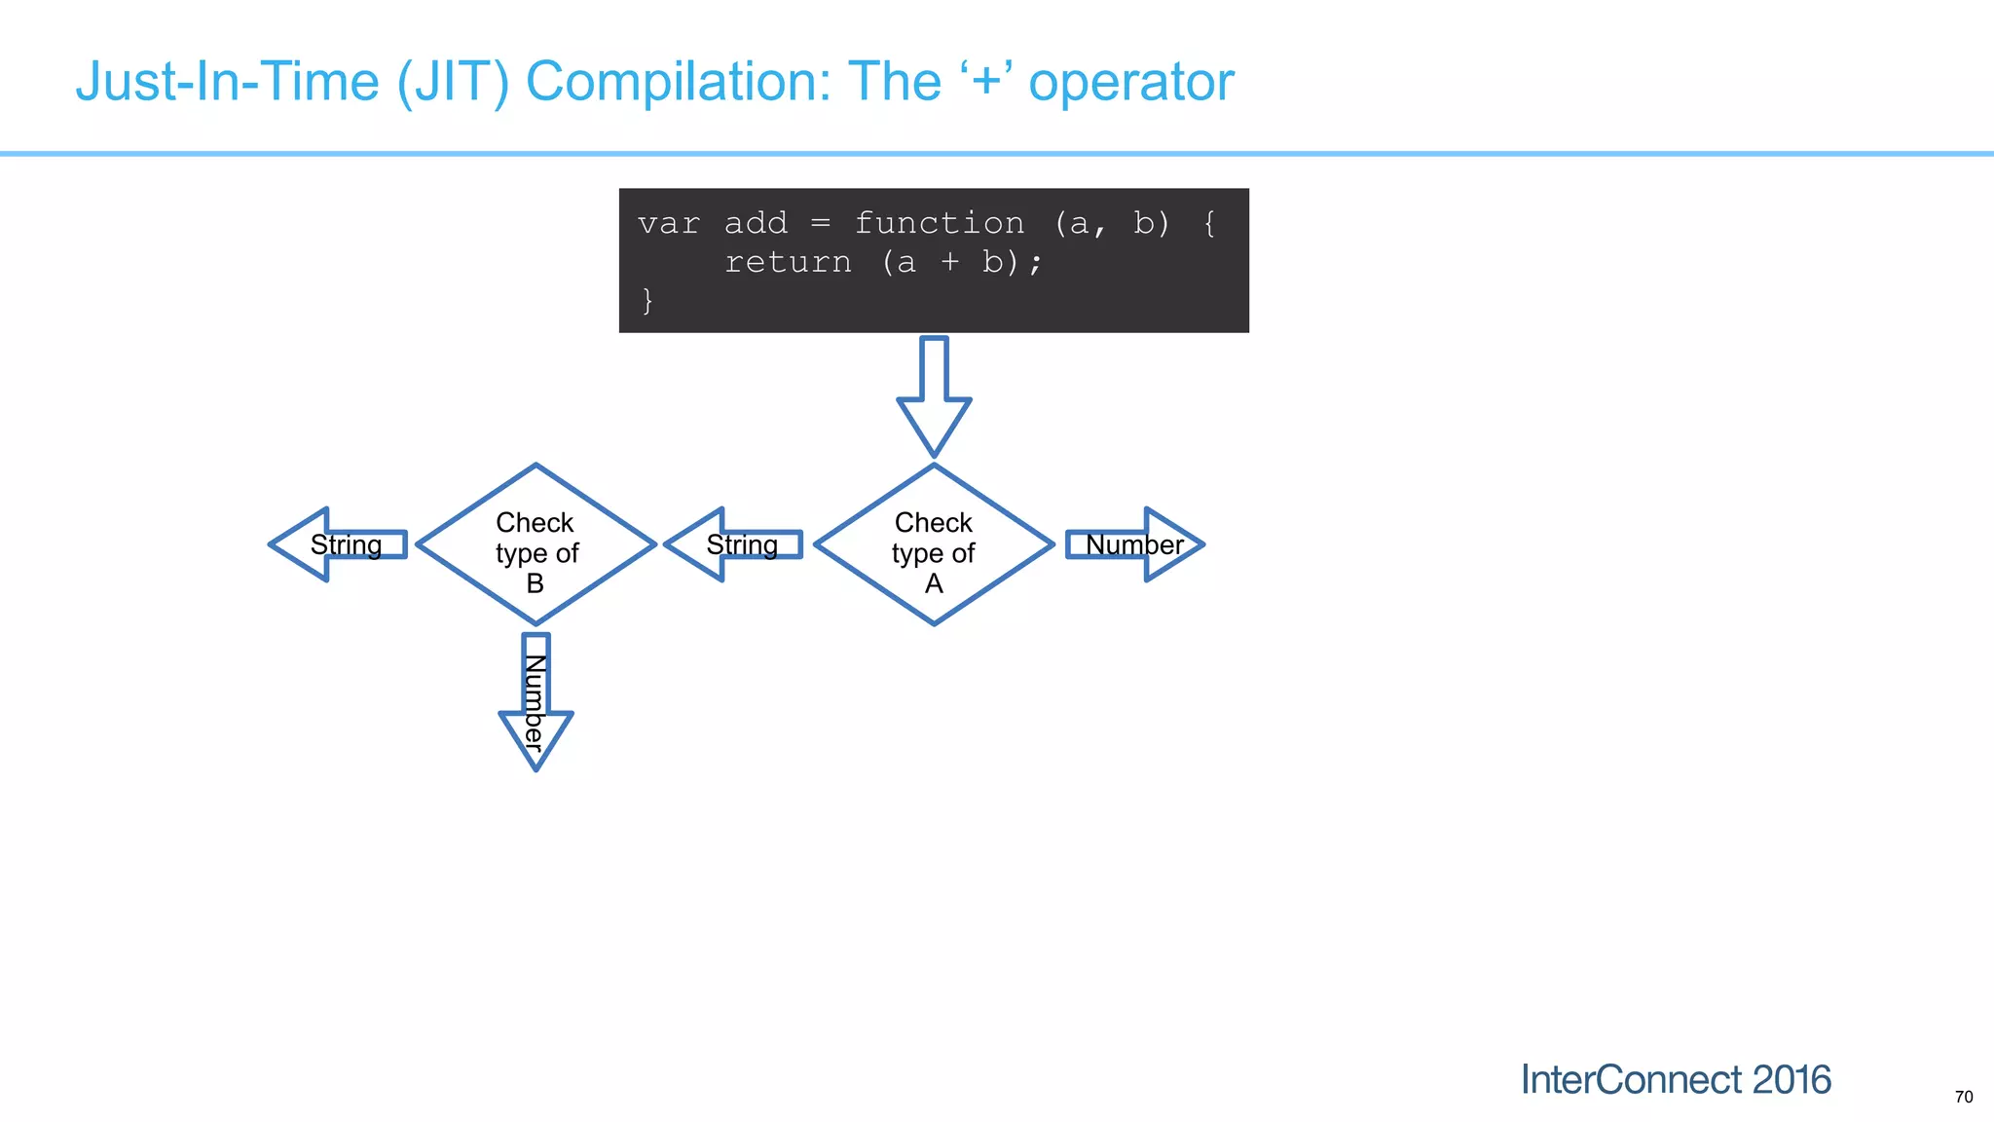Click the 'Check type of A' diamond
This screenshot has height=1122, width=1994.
934,545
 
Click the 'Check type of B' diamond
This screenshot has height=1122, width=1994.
535,545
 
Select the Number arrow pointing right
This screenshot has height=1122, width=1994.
1135,544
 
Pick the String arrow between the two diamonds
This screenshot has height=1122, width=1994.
735,544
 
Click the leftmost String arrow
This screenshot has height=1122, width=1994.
339,544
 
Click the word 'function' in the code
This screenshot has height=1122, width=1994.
939,224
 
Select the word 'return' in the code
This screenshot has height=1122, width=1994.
788,262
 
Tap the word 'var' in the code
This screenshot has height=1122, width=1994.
669,224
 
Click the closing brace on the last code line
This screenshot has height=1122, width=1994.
647,300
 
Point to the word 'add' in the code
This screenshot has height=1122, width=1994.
756,224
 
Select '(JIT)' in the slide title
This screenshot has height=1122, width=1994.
453,82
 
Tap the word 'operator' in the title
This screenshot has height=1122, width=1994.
1131,82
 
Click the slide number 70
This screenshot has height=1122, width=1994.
1963,1097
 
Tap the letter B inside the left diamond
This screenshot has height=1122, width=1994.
535,583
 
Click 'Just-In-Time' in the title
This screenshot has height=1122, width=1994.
227,82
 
